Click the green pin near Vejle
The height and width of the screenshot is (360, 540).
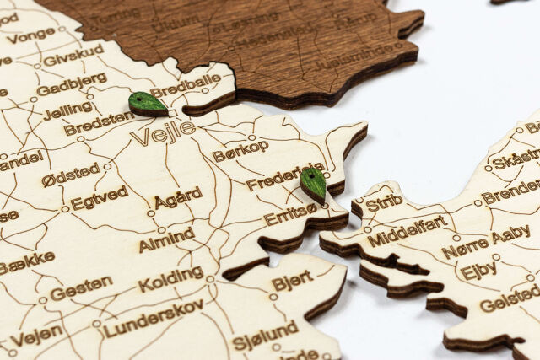(148, 104)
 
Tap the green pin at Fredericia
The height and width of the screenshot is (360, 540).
(313, 183)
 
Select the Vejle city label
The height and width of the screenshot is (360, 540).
(163, 132)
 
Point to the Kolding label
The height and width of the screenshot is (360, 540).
(170, 279)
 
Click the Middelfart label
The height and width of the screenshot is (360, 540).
(407, 229)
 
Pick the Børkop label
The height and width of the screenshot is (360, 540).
(240, 150)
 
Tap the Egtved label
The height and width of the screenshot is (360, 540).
(99, 198)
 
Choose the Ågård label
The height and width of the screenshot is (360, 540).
(178, 197)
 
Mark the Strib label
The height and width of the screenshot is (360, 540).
(384, 202)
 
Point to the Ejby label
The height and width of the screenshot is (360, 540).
(478, 271)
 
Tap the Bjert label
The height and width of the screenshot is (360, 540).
(292, 281)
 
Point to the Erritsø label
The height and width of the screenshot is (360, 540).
(290, 215)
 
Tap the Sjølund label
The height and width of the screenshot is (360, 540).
(265, 335)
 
